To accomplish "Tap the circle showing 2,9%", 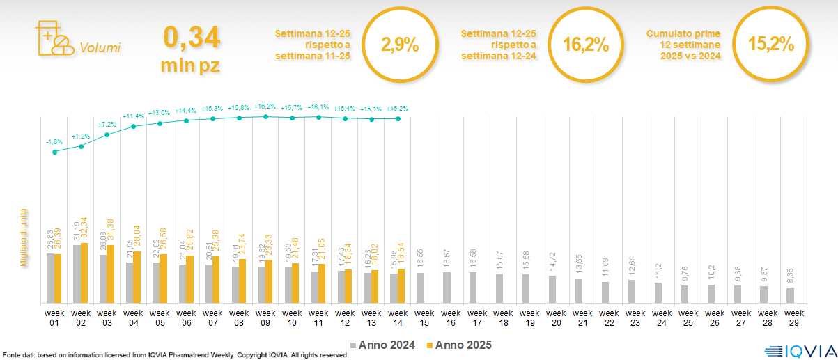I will click(399, 46).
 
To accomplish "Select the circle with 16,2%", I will click(585, 46).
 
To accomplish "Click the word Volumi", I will click(100, 48).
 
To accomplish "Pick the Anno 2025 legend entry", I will click(460, 345).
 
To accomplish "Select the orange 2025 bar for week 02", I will click(84, 273).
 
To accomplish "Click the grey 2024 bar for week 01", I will click(50, 279).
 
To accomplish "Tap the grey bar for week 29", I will click(790, 295).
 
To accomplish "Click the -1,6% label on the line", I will click(54, 142).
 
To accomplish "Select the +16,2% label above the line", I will click(266, 107).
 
